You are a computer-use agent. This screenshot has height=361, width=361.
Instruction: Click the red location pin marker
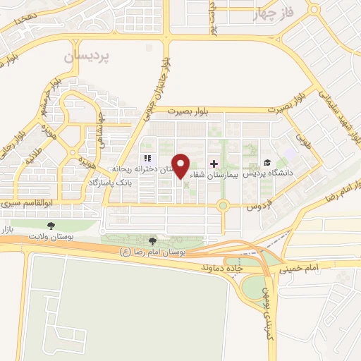(181, 166)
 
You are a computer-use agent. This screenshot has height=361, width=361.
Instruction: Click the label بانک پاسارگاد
(114, 183)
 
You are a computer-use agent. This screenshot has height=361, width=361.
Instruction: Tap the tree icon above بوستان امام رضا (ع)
(153, 242)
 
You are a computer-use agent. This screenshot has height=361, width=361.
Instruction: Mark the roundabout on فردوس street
(223, 206)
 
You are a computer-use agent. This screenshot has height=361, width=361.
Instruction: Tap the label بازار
(6, 228)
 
